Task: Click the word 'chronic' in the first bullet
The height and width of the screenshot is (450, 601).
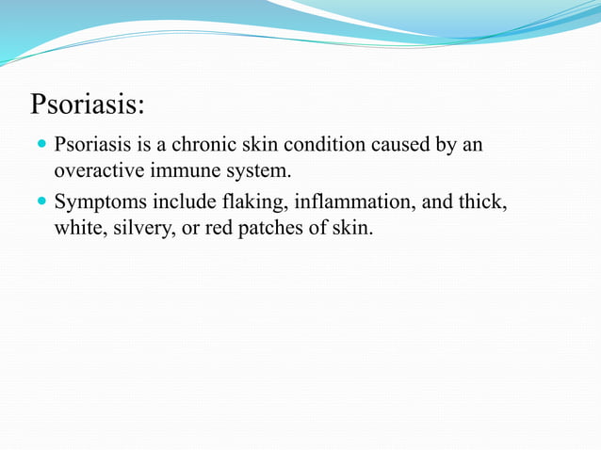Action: coord(201,147)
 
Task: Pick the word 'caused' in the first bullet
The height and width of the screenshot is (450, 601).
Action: coord(400,147)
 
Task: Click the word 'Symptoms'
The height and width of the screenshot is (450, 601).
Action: coord(98,201)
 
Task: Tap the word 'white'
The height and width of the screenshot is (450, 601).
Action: coord(78,228)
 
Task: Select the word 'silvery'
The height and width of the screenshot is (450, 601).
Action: coord(140,228)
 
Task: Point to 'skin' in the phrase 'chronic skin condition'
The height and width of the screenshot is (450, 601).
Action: coord(256,147)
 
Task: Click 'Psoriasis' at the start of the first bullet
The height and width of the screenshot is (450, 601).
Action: coord(91,147)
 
